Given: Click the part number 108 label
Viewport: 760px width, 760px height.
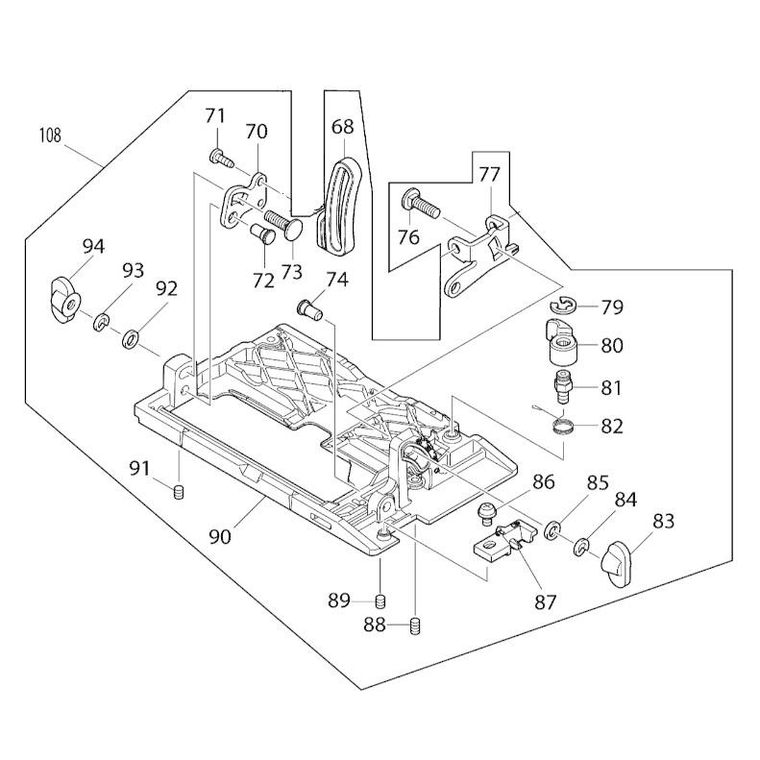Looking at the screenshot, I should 50,135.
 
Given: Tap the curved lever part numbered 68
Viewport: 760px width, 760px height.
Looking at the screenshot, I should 340,207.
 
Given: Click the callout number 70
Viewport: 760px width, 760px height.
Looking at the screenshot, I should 257,132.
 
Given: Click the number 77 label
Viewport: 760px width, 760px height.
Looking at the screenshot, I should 489,175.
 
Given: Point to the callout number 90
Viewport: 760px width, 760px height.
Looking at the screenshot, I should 219,537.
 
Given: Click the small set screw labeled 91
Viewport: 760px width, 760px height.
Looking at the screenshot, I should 178,493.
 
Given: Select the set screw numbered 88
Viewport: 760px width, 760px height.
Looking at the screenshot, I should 416,626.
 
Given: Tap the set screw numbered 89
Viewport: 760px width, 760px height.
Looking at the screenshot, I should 380,601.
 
